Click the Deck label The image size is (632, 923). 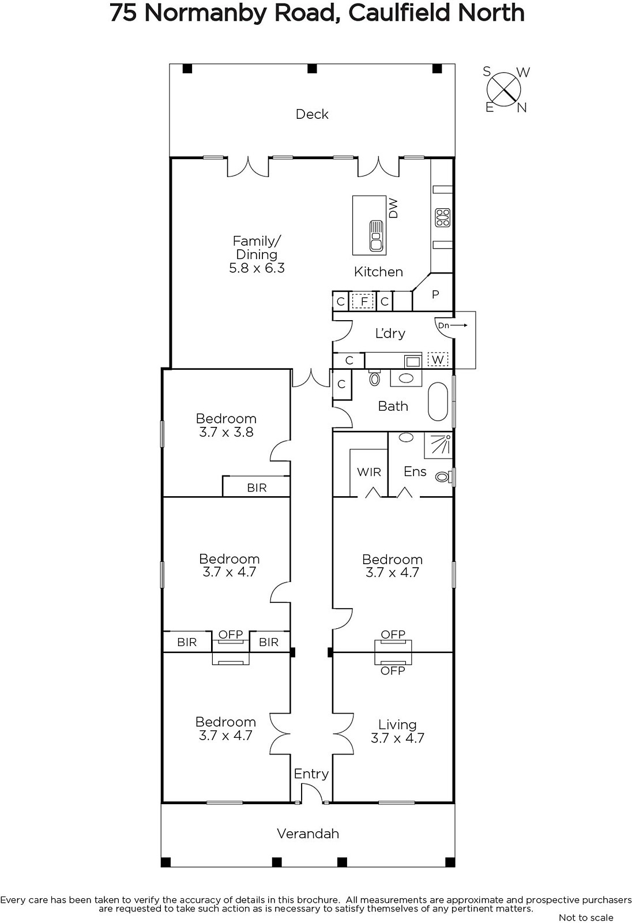312,114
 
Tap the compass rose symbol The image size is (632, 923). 504,89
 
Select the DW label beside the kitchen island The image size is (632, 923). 393,208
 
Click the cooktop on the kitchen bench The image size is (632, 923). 443,217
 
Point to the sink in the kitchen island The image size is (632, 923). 376,236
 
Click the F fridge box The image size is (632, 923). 364,301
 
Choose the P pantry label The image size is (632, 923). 435,294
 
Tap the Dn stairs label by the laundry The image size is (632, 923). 443,325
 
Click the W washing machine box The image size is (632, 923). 438,360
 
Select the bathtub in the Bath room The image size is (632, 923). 438,402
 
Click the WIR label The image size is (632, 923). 368,472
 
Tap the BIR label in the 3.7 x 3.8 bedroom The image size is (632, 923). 257,488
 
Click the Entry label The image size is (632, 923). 311,774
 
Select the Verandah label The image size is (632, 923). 308,834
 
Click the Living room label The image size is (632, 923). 397,725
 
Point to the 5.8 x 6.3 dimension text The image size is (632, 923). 257,268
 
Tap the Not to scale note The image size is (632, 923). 586,917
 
